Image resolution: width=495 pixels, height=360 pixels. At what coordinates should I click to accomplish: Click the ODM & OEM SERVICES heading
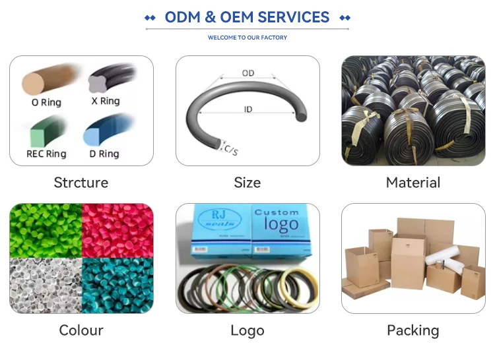coord(247,17)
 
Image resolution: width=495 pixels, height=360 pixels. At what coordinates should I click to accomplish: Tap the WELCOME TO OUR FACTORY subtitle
coord(247,38)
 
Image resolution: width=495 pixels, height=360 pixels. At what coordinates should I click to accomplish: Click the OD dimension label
coord(248,73)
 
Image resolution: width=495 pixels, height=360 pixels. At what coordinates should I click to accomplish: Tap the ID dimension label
coord(248,109)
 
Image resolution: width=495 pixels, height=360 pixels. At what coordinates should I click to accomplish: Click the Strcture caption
coord(81,183)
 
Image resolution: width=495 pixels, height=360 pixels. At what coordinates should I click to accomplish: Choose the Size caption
coord(247,183)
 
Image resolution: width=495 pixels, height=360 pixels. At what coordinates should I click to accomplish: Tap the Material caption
coord(413,183)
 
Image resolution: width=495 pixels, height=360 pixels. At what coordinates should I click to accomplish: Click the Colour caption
coord(81,330)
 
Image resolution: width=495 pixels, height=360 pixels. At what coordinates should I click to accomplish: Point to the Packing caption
coord(413,330)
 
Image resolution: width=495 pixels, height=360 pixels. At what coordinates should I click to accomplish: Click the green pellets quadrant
coord(45,230)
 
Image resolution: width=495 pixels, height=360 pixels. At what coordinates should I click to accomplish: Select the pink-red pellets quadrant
coord(117,230)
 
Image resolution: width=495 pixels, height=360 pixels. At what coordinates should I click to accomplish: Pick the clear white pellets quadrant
coord(45,285)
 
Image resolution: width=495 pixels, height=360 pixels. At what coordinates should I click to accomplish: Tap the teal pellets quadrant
coord(117,285)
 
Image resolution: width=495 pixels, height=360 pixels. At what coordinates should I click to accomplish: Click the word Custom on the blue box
coord(277,213)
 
